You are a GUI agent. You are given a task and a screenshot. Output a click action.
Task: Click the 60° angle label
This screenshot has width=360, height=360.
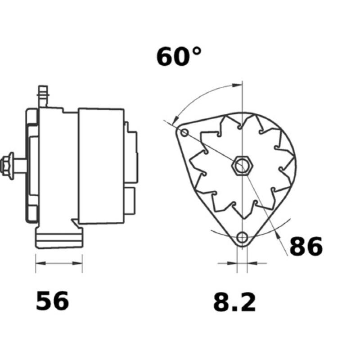179,57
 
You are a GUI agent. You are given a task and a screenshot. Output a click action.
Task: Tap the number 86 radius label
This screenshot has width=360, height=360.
306,247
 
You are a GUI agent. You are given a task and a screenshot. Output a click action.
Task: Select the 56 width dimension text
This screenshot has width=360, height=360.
53,301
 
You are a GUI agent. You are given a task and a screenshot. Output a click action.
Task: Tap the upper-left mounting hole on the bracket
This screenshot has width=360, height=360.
184,132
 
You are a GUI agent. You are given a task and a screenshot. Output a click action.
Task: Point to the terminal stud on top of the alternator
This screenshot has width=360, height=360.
43,96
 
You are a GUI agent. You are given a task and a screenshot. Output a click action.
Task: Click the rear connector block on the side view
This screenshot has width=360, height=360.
131,157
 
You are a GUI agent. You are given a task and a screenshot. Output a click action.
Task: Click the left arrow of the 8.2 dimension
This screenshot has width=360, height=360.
232,262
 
